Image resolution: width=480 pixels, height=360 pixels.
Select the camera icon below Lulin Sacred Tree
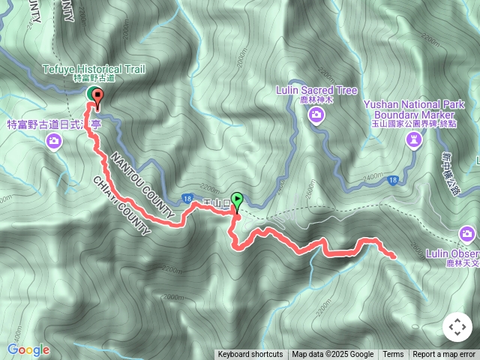click(x=316, y=114)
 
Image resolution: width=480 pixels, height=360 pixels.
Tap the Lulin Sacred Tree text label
click(x=316, y=91)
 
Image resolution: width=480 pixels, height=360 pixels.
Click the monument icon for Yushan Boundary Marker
click(x=413, y=139)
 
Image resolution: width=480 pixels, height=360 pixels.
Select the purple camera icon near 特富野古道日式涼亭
click(x=54, y=140)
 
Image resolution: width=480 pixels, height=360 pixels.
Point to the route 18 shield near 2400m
click(x=393, y=180)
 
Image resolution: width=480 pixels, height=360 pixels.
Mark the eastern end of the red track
click(x=392, y=256)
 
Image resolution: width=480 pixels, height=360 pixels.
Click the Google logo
click(x=28, y=350)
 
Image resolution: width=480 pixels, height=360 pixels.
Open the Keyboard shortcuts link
click(x=250, y=355)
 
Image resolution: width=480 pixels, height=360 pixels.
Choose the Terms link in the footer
click(x=393, y=355)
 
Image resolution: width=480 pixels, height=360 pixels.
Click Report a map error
click(x=444, y=355)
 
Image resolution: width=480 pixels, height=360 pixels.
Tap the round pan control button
click(x=457, y=327)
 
